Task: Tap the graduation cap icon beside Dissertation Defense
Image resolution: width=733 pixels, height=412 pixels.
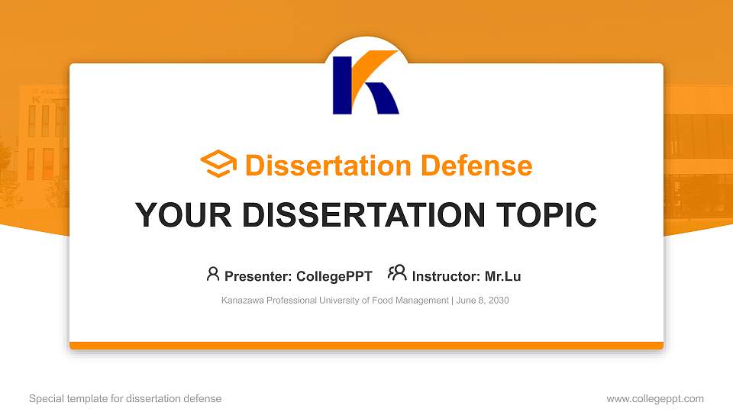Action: click(x=218, y=165)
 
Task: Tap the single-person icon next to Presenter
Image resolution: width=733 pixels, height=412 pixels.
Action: click(x=213, y=273)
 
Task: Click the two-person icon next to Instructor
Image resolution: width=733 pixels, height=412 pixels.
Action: click(x=397, y=273)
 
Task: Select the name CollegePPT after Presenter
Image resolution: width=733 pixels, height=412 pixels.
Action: click(x=334, y=276)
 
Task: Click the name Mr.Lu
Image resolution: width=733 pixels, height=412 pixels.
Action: click(x=502, y=276)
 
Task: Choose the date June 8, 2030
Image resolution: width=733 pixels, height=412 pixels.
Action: click(x=483, y=301)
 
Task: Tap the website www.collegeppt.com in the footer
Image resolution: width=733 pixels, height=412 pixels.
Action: click(x=655, y=398)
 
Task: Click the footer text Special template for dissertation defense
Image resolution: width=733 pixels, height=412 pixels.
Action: click(x=125, y=398)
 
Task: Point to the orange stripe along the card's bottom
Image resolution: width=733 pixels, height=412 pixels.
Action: click(x=366, y=346)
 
